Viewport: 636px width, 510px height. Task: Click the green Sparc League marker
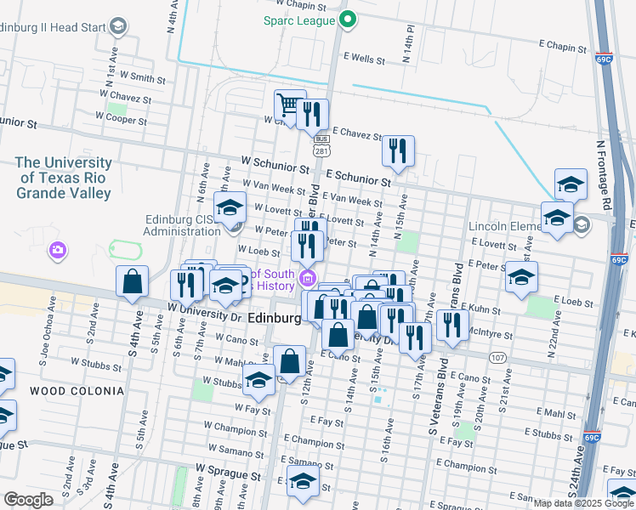tap(347, 19)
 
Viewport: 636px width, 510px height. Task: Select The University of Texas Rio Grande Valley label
tap(64, 178)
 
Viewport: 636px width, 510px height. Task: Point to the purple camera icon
tap(58, 251)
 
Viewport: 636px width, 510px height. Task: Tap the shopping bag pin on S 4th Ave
tap(133, 282)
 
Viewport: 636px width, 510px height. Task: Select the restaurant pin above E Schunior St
tap(398, 151)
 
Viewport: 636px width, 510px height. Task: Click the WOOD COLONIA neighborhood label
tap(65, 391)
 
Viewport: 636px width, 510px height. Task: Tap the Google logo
tap(28, 501)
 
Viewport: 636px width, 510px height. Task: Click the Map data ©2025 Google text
tap(582, 503)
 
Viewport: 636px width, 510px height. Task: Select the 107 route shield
tap(497, 357)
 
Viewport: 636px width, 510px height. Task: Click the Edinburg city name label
tap(274, 318)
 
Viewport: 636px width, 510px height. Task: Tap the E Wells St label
tap(364, 60)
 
